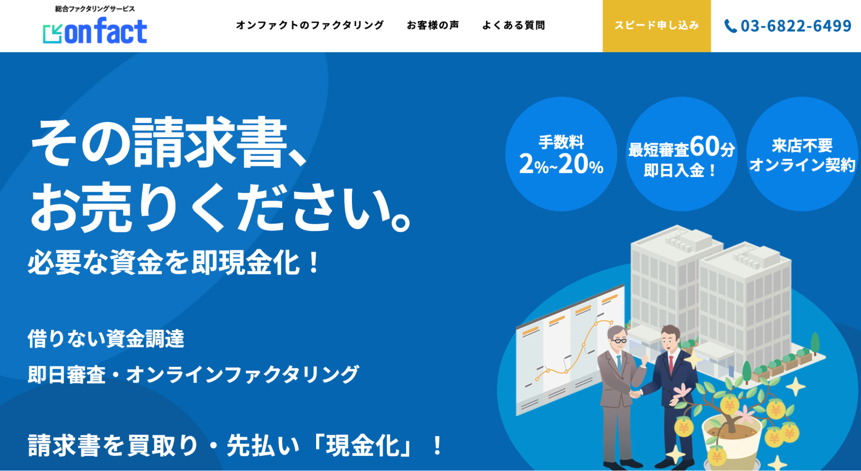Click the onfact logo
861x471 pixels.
pyautogui.click(x=95, y=31)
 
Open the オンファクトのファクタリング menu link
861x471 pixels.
pyautogui.click(x=310, y=25)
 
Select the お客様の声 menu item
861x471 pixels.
pyautogui.click(x=433, y=25)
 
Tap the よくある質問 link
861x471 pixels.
pyautogui.click(x=513, y=25)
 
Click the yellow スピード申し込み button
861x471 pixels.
pyautogui.click(x=656, y=26)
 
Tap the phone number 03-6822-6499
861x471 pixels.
pyautogui.click(x=796, y=26)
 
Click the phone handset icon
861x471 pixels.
pyautogui.click(x=730, y=26)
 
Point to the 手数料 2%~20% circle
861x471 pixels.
pyautogui.click(x=561, y=154)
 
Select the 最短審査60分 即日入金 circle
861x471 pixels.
pyautogui.click(x=681, y=154)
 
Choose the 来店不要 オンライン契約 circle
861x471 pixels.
pyautogui.click(x=802, y=154)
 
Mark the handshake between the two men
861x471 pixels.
pyautogui.click(x=637, y=393)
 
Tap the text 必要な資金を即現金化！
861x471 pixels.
pyautogui.click(x=174, y=262)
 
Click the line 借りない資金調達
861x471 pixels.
pyautogui.click(x=106, y=338)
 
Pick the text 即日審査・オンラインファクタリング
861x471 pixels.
pyautogui.click(x=193, y=374)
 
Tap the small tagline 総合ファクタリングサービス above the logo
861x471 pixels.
pyautogui.click(x=95, y=9)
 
